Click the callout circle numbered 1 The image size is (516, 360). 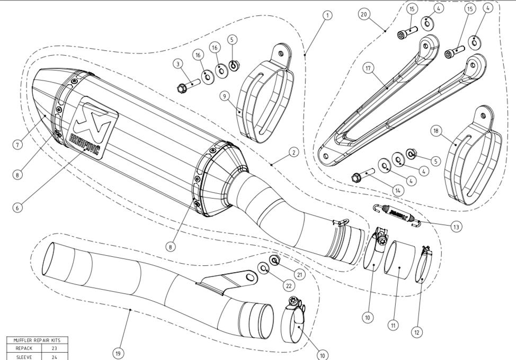click(328, 15)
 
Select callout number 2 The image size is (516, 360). click(294, 152)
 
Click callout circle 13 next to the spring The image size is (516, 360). click(456, 226)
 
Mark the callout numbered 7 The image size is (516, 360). click(18, 145)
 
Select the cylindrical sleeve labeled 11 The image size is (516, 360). click(398, 260)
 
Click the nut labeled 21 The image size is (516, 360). click(275, 259)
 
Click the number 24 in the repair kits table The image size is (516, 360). click(54, 356)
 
